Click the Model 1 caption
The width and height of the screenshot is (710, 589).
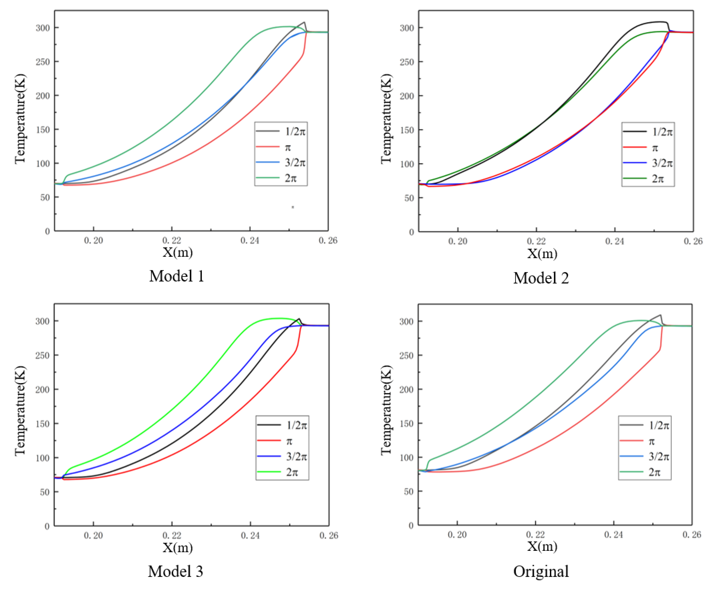pos(177,276)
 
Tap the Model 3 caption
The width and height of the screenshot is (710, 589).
pos(176,572)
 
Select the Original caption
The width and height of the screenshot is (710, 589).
pos(541,572)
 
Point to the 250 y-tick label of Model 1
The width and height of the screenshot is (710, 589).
pos(43,62)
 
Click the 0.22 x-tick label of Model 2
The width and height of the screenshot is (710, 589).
pos(536,241)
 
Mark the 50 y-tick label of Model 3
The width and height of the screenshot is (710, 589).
pos(45,492)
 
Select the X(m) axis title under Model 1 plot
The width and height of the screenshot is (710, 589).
pos(178,252)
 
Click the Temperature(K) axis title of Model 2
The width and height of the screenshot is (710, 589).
pos(386,119)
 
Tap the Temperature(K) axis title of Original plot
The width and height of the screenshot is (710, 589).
pos(386,410)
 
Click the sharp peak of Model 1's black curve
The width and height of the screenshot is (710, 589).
pos(304,22)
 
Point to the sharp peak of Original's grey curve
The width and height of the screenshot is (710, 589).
pos(660,315)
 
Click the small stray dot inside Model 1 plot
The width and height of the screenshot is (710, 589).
pos(293,207)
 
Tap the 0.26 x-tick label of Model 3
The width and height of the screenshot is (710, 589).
pos(329,535)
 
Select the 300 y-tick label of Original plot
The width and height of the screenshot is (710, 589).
pos(406,321)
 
